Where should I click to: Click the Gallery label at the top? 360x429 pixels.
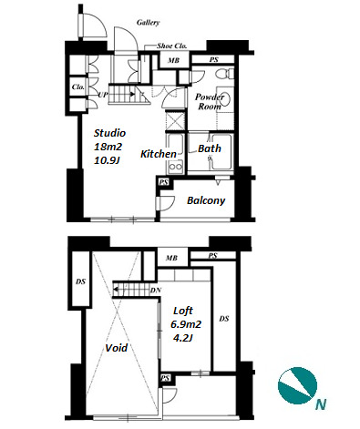(148, 23)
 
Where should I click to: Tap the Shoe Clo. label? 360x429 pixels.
(171, 46)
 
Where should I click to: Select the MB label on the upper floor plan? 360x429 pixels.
(174, 60)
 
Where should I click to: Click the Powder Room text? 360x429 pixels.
(210, 102)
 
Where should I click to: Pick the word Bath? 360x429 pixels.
(210, 148)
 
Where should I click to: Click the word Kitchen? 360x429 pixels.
(159, 154)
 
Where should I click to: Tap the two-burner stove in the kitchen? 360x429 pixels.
(175, 167)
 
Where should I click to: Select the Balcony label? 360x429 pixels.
(206, 200)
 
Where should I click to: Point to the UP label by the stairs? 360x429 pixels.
(103, 95)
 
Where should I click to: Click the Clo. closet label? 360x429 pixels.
(78, 87)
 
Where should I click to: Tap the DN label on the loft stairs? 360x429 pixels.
(155, 291)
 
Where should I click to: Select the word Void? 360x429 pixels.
(117, 348)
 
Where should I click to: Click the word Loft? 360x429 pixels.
(183, 311)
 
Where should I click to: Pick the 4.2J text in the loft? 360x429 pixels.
(182, 338)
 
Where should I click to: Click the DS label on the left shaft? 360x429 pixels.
(80, 281)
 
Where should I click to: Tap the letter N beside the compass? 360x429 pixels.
(321, 404)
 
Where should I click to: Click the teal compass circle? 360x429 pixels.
(297, 386)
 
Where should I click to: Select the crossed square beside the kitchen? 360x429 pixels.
(175, 120)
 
